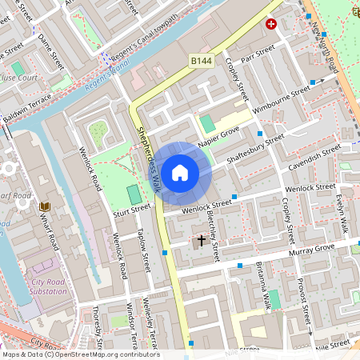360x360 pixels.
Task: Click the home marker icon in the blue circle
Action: pyautogui.click(x=180, y=173)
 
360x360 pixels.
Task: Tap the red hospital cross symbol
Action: pyautogui.click(x=271, y=24)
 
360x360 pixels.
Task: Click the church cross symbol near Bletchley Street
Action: pyautogui.click(x=201, y=240)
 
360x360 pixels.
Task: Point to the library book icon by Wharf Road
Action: pyautogui.click(x=45, y=207)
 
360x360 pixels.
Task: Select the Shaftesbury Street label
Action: pyautogui.click(x=255, y=150)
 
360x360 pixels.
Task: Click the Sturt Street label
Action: pyautogui.click(x=131, y=210)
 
